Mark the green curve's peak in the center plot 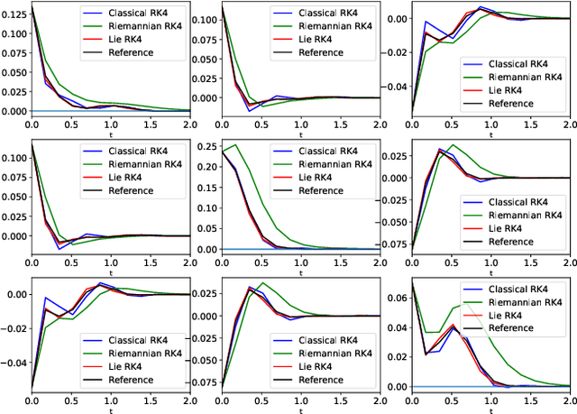pos(237,145)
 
